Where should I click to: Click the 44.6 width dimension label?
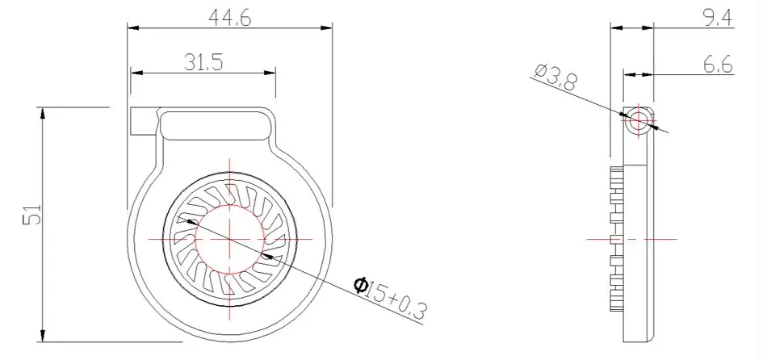coord(229,19)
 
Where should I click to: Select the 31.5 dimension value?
coord(203,62)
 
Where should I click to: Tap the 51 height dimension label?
coord(32,214)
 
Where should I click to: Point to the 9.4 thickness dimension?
coord(718,18)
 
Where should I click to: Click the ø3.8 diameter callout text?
coord(555,77)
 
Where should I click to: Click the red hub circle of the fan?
coord(230,204)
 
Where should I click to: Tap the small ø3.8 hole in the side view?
coord(639,119)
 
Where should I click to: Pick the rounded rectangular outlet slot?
coord(216,126)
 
